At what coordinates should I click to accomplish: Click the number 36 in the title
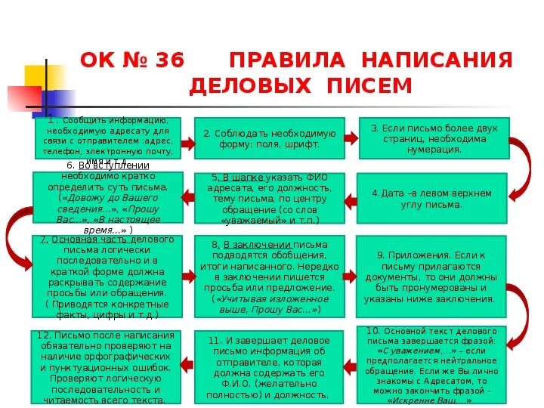point(168,60)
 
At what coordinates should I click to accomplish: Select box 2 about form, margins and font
point(269,138)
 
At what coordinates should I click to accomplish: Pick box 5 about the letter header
point(269,199)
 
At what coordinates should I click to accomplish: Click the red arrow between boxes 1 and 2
point(188,138)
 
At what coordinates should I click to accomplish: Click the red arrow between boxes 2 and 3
point(351,138)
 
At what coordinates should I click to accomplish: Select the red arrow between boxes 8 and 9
point(350,277)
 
